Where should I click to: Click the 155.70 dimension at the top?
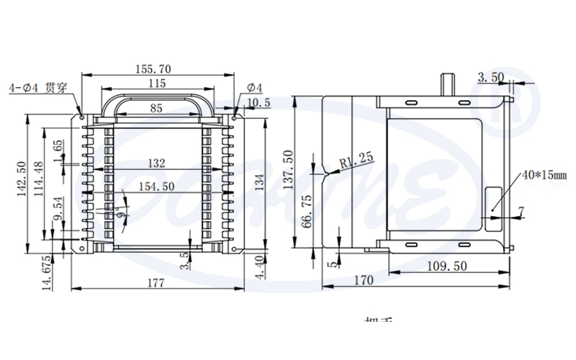[153, 69]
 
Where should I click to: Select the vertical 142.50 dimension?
[22, 178]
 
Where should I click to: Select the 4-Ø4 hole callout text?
[37, 88]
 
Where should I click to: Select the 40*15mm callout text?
[545, 174]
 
